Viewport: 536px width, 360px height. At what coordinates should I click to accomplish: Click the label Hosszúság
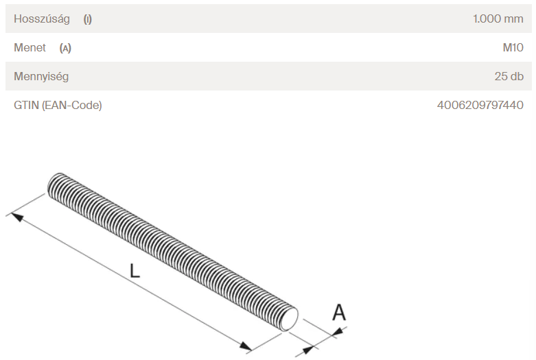pos(42,19)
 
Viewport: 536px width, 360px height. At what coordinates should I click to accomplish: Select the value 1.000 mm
pos(498,19)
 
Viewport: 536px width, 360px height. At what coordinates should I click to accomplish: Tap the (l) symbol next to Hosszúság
pos(88,19)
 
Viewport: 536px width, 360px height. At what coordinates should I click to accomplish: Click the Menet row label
pos(30,47)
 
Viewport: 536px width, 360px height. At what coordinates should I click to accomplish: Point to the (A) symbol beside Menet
pos(65,48)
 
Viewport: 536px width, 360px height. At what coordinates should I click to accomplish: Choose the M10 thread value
pos(513,47)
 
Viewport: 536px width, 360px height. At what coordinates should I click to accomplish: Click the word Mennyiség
pos(41,77)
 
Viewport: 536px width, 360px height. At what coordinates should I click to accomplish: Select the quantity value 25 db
pos(509,76)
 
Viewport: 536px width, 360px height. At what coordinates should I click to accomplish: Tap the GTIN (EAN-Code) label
pos(58,105)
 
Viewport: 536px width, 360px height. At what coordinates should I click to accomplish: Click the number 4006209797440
pos(480,105)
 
